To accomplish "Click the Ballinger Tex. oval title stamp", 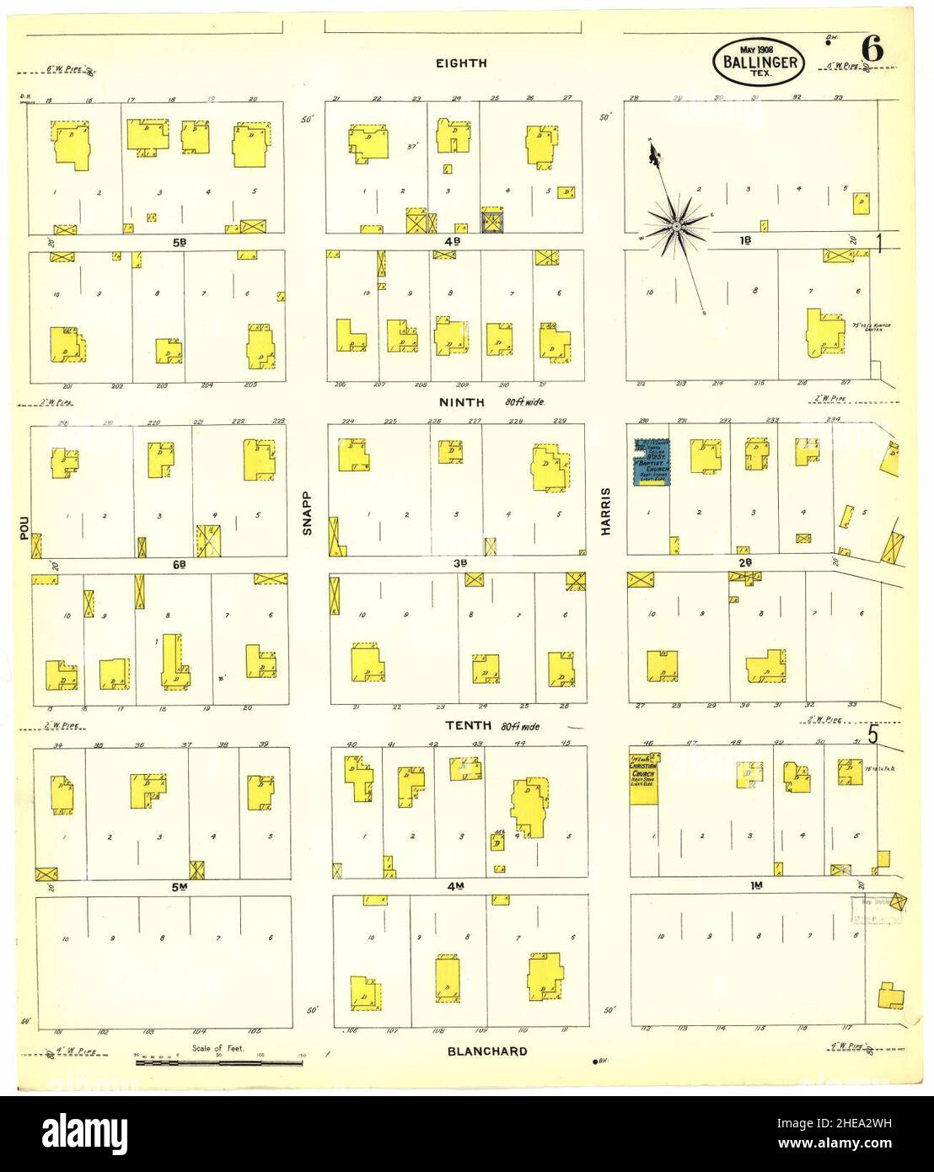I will tap(760, 61).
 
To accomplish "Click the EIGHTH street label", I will tap(461, 62).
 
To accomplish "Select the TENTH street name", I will tap(461, 726).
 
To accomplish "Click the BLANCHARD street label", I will tap(488, 1051).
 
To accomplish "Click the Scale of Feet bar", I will tap(219, 1063).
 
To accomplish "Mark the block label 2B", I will tap(744, 562).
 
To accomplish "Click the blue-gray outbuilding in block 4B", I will tap(492, 221).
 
